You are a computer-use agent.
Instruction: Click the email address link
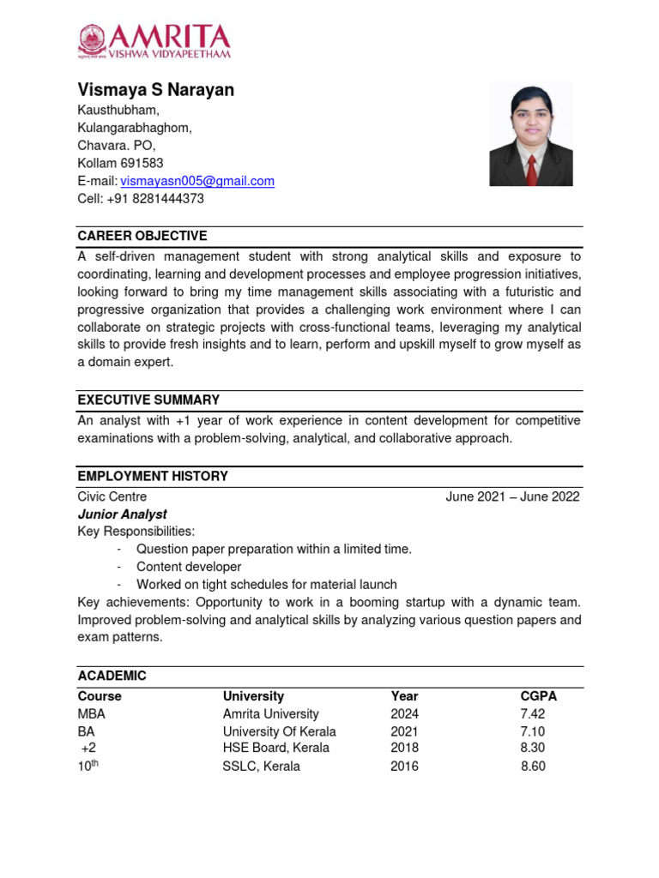coord(197,181)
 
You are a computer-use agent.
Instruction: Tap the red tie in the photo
coord(532,168)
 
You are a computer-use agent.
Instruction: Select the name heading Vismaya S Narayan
coord(155,90)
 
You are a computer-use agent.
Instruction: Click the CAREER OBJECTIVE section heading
coord(142,236)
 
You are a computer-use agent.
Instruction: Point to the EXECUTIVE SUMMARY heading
coord(148,400)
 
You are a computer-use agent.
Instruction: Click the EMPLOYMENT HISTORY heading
coord(153,476)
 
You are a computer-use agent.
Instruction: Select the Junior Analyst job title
coord(122,514)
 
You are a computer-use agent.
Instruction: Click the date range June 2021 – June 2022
coord(512,496)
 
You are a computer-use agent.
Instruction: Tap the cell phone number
coord(155,199)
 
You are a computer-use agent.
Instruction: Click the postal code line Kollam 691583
coord(120,163)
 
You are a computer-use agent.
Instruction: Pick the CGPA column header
coord(538,696)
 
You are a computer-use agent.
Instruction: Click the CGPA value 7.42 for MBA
coord(532,713)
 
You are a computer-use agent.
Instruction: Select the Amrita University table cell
coord(270,713)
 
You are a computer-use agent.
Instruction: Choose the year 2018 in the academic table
coord(404,748)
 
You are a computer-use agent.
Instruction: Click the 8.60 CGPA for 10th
coord(533,766)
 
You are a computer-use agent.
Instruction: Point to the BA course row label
coord(86,731)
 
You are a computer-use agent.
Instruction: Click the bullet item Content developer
coord(189,567)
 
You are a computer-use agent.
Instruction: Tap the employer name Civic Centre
coord(112,496)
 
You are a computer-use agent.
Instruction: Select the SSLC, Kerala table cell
coord(261,766)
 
